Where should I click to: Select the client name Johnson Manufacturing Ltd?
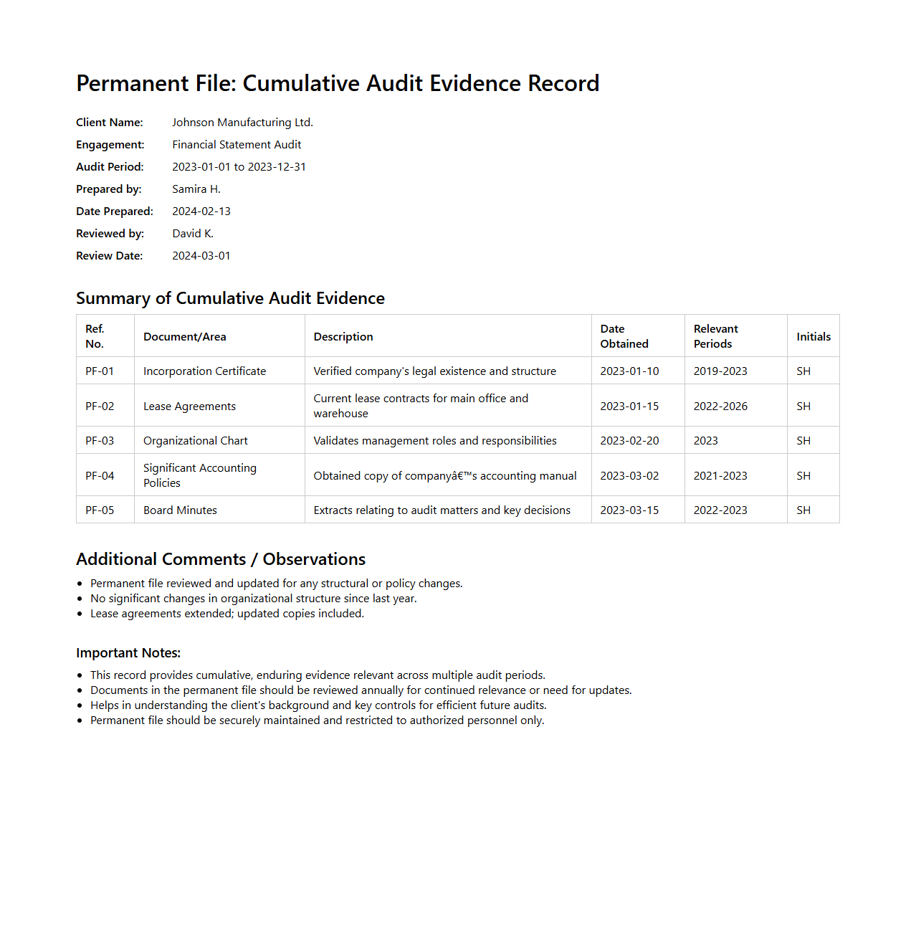coord(242,123)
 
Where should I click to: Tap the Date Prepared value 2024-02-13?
coord(201,211)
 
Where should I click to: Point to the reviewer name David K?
coord(193,234)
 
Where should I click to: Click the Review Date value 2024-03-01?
coord(201,256)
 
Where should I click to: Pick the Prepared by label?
coord(109,189)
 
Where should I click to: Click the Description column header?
coord(343,337)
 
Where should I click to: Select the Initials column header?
coord(814,337)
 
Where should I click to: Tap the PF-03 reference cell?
coord(100,441)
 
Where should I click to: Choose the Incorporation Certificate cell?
coord(204,371)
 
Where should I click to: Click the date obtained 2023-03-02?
coord(629,476)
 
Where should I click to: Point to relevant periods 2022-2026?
coord(720,406)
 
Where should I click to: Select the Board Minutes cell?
coord(180,510)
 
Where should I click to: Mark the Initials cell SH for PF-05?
coord(803,510)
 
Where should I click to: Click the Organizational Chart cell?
coord(195,441)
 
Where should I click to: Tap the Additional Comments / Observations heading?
coord(221,559)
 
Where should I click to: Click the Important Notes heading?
coord(128,653)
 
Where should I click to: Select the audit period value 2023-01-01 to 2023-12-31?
coord(239,167)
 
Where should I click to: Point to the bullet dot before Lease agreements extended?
coord(80,614)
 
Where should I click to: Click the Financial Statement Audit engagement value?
coord(237,145)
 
